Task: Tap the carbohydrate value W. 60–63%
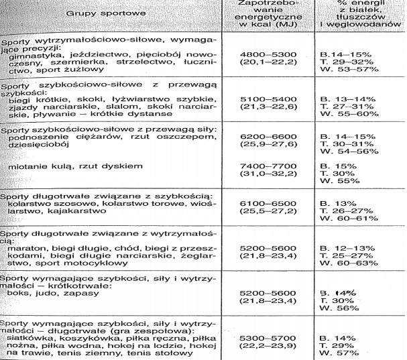coord(347,263)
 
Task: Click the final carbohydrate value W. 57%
coord(339,352)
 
